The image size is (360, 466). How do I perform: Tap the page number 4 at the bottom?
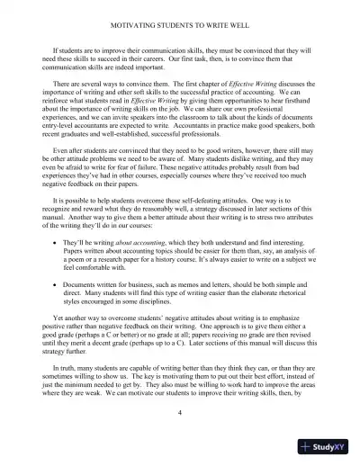[x=180, y=436]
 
